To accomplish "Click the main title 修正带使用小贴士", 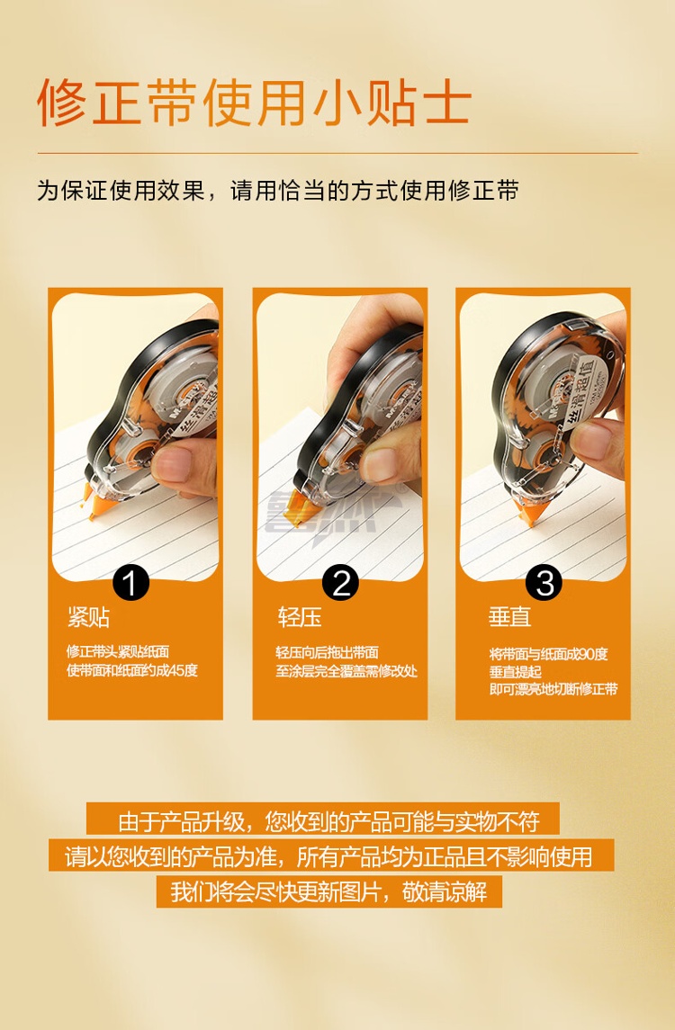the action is click(255, 103).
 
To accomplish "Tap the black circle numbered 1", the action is click(130, 583).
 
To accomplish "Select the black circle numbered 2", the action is click(340, 583).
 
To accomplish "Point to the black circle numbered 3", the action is click(544, 583).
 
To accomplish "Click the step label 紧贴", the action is click(88, 617).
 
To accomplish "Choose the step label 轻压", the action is click(299, 617).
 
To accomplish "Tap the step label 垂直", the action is click(509, 617).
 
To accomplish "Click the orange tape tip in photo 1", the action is click(96, 502).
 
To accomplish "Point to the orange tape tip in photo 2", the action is click(306, 510).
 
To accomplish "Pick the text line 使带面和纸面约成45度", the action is click(132, 671).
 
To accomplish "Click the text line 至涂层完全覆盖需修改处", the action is click(346, 671).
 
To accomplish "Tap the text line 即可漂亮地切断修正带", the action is click(553, 689).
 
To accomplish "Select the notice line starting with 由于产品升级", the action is click(328, 821).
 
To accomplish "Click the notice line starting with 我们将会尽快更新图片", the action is click(328, 892).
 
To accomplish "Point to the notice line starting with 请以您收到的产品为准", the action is click(328, 856).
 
